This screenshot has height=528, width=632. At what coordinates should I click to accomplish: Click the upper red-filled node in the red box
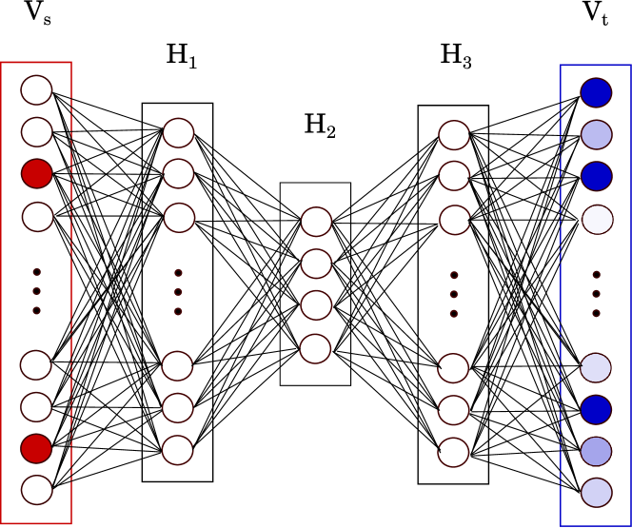pos(36,174)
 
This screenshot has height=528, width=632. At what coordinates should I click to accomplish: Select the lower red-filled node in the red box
pos(36,448)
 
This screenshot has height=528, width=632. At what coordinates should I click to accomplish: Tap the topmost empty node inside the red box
pos(36,90)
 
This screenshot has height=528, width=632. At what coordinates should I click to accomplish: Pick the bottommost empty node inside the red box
pos(36,490)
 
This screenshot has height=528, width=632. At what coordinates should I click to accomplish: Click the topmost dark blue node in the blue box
pos(596,92)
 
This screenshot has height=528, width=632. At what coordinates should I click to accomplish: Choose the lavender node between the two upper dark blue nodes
pos(596,134)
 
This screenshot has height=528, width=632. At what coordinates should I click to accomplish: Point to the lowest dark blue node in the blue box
pos(596,410)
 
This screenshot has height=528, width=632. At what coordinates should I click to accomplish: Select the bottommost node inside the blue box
pos(596,492)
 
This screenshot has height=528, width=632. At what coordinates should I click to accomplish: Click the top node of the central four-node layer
pos(316,222)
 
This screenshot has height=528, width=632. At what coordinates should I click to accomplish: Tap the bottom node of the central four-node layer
pos(315,348)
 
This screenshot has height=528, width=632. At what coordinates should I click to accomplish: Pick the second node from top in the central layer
pos(316,264)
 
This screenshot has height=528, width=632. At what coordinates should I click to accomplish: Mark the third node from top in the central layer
pos(316,305)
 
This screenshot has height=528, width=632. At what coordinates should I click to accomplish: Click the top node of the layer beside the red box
pos(178,133)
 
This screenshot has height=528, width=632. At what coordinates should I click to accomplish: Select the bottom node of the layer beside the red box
pos(177,450)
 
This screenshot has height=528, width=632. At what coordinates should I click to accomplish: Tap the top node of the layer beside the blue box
pos(454,135)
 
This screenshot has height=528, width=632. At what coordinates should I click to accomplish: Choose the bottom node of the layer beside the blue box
pos(453,452)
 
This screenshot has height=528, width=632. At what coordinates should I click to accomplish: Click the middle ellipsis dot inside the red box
pos(36,291)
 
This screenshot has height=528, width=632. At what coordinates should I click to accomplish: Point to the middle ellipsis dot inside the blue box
pos(596,294)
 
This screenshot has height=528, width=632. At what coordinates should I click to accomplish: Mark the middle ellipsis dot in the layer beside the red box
pos(178,292)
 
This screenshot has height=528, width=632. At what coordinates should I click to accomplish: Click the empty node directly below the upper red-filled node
pos(37,217)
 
